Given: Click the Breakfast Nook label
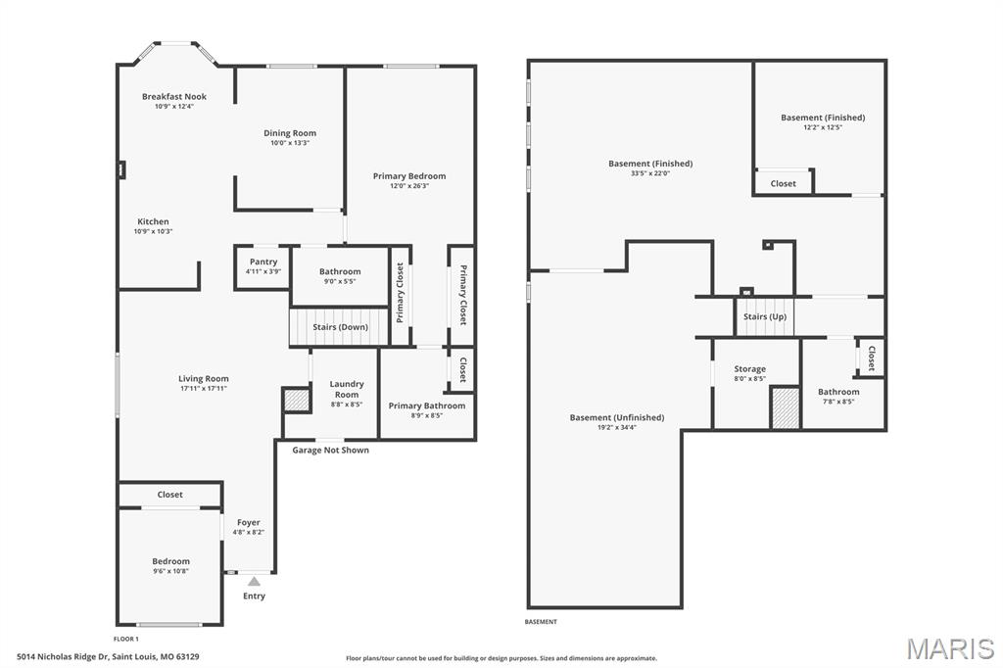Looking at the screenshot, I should [174, 96].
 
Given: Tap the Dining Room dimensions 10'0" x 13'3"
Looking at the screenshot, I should [290, 143].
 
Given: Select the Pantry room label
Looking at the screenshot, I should [263, 262].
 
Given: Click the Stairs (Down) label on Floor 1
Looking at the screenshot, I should [340, 326].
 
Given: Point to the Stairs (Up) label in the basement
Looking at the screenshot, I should [764, 316].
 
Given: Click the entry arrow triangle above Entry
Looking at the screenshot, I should [254, 581].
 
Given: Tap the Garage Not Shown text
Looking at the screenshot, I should [330, 450].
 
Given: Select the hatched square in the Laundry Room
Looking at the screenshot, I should [296, 400].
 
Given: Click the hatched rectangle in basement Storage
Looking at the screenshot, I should [785, 407].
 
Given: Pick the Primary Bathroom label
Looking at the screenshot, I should [427, 406].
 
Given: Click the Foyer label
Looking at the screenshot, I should [249, 522].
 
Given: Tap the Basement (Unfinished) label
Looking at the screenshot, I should [617, 417].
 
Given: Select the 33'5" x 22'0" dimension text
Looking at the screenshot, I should [650, 173].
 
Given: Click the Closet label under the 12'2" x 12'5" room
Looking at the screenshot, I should [783, 183].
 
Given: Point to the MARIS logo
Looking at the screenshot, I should [949, 648].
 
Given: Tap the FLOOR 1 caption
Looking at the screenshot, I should [125, 639].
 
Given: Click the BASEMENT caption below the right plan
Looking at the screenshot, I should [541, 622].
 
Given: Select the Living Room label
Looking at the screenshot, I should [204, 378].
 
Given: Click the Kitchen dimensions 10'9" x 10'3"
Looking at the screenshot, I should [153, 231].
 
